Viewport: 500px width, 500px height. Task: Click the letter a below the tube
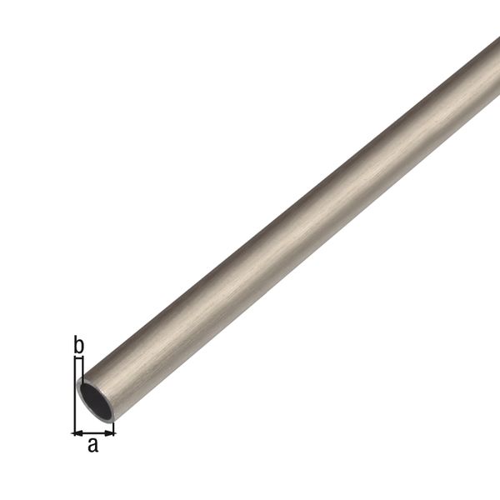pyautogui.click(x=93, y=445)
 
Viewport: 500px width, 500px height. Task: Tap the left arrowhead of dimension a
pyautogui.click(x=77, y=432)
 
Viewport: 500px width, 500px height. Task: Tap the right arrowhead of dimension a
pyautogui.click(x=110, y=432)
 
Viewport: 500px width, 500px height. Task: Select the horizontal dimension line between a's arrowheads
pyautogui.click(x=93, y=432)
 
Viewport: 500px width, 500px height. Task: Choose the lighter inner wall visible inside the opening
pyautogui.click(x=87, y=392)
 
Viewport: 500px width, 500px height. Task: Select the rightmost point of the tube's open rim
pyautogui.click(x=113, y=407)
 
